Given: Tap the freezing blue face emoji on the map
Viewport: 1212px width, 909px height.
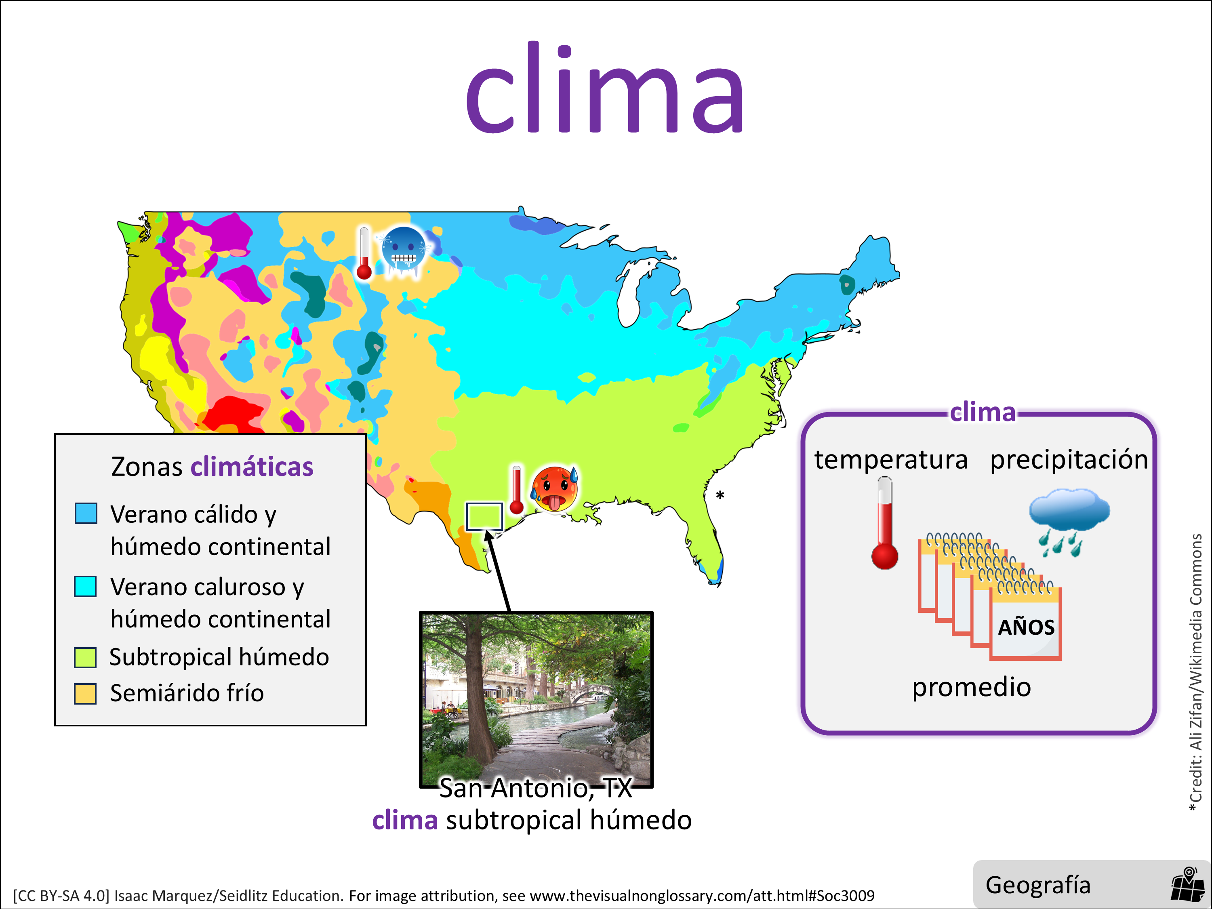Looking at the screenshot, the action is coord(404,251).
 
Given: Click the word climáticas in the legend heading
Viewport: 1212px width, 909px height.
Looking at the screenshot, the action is coord(252,467).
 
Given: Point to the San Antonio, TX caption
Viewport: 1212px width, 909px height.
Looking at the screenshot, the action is coord(535,788).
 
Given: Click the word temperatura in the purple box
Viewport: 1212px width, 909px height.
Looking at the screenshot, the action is coord(891,459).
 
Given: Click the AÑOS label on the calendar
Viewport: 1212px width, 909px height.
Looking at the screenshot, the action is coord(1026,627).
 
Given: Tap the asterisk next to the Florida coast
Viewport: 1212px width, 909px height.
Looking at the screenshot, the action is coord(720,496).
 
